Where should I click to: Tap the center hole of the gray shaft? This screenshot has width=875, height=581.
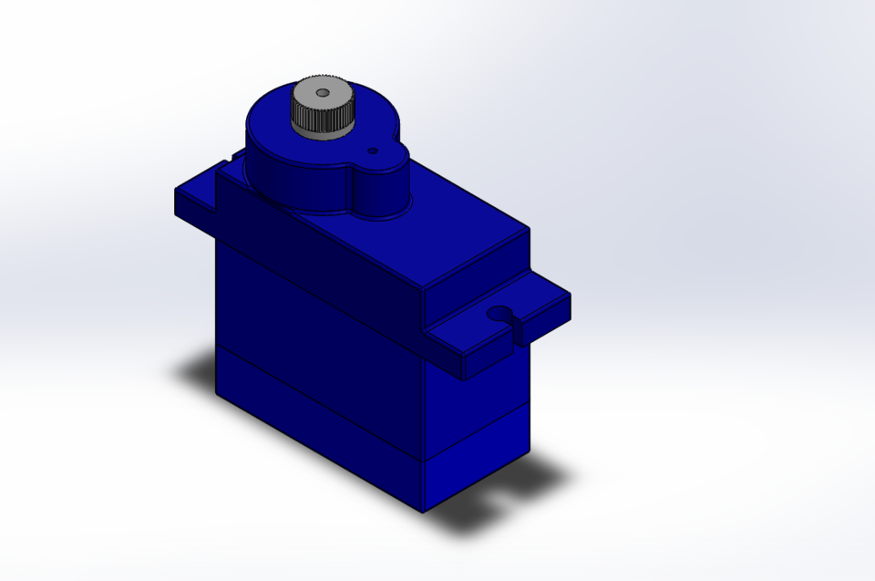(322, 92)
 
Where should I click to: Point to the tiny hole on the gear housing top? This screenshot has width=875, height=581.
(372, 150)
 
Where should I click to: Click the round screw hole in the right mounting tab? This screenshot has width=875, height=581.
(499, 315)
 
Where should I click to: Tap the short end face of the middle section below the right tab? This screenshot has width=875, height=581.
(479, 401)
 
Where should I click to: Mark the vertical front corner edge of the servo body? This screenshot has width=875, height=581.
(424, 410)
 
